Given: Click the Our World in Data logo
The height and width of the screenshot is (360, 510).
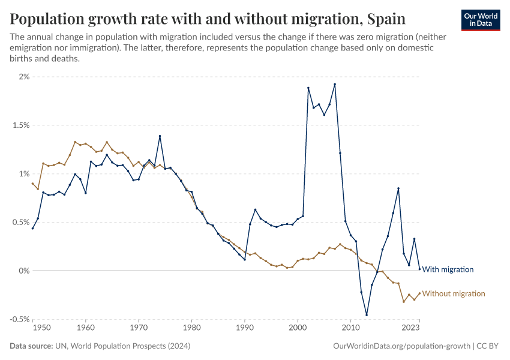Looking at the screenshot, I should click(480, 20).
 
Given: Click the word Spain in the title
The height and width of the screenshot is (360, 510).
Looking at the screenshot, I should click(385, 19).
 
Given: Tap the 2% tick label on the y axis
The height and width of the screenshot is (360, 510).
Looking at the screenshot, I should click(23, 77).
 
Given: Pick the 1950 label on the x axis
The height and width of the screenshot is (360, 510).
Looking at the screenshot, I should click(41, 328).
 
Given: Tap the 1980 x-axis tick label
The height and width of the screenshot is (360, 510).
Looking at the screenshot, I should click(191, 328).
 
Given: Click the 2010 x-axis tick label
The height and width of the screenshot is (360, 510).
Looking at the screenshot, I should click(350, 328).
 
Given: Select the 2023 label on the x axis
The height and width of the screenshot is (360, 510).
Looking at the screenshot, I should click(410, 328).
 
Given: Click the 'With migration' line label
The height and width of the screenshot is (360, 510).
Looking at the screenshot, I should click(448, 269).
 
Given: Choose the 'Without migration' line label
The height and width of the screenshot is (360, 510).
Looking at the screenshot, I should click(453, 293).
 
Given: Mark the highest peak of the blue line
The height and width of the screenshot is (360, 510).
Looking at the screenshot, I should click(335, 84).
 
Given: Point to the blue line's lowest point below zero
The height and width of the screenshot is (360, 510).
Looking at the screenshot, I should click(366, 315).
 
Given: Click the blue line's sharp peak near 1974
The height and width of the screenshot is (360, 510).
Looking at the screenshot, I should click(160, 136).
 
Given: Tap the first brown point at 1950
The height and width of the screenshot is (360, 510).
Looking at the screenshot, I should click(32, 184).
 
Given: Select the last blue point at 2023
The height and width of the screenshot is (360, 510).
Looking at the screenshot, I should click(419, 269).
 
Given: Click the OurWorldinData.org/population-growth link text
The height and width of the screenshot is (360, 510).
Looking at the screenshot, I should click(401, 346).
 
